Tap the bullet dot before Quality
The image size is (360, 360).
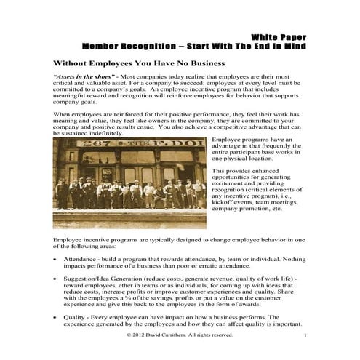click(x=56, y=317)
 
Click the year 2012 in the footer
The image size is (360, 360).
click(x=143, y=335)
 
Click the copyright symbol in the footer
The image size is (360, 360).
click(x=129, y=335)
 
